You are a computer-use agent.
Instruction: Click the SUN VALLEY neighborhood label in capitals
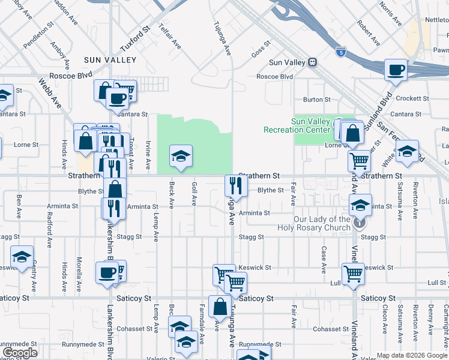click(110, 60)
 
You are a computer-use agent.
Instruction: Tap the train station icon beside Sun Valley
click(312, 62)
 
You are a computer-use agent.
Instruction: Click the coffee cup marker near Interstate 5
click(396, 70)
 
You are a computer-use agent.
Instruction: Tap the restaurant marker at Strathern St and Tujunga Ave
click(235, 186)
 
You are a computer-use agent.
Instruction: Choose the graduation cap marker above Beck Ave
click(181, 156)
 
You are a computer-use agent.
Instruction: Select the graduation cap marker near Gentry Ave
click(22, 256)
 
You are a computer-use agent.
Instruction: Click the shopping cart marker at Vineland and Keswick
click(353, 273)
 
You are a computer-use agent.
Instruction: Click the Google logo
click(20, 353)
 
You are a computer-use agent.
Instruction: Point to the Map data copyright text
click(412, 355)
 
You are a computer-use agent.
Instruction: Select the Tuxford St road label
click(134, 38)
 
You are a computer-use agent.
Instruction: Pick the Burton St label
click(317, 100)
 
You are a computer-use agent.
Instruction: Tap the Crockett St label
click(412, 98)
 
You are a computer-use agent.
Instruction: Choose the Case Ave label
click(324, 257)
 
